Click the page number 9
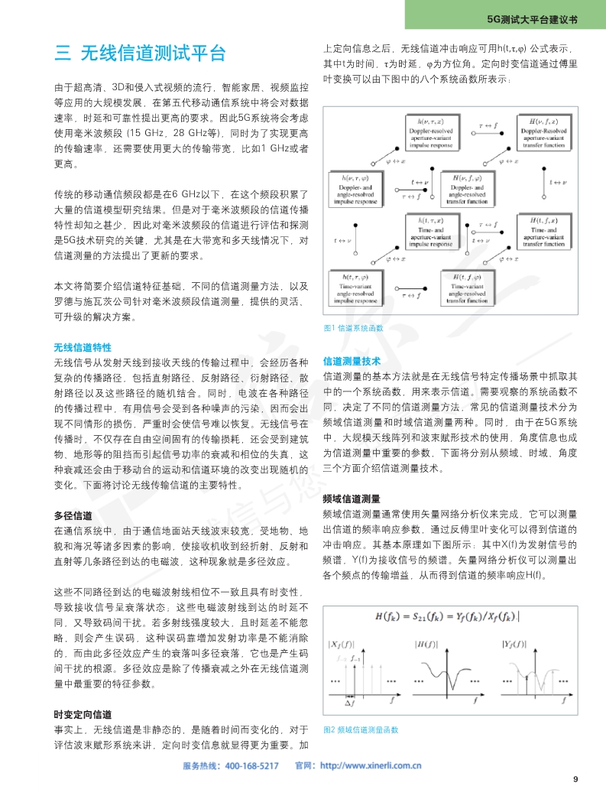coord(575,779)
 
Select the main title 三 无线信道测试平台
coord(141,54)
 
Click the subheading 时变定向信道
coord(83,714)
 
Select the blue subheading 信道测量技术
coord(352,361)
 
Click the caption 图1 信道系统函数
coord(354,328)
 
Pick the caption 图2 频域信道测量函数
coord(361,729)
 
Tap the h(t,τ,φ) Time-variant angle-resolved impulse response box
coord(356,291)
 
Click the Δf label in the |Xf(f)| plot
coord(349,702)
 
